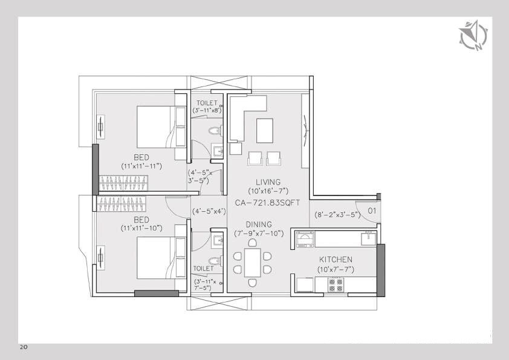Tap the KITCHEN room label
click(x=337, y=259)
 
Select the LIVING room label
click(x=268, y=182)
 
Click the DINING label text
click(x=258, y=224)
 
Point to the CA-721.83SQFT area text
click(x=268, y=203)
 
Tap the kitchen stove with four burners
click(x=336, y=285)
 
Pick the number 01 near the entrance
click(x=372, y=212)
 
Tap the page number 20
click(x=24, y=347)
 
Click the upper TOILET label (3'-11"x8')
click(x=207, y=103)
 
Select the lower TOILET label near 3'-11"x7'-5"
click(x=204, y=268)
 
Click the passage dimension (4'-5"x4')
click(x=209, y=212)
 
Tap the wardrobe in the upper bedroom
click(x=124, y=182)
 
